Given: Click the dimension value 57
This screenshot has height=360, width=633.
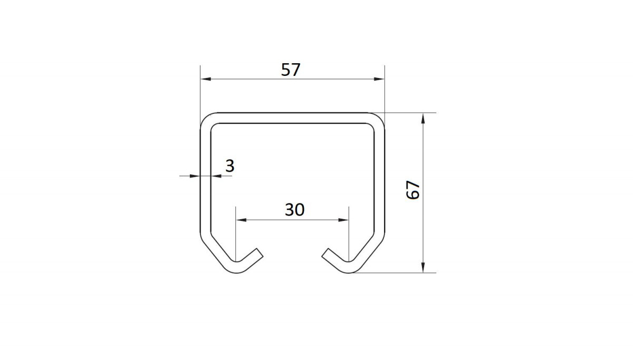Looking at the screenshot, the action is click(291, 70).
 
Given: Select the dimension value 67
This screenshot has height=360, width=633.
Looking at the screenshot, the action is click(413, 190).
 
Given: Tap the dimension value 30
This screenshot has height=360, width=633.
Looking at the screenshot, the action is click(294, 210).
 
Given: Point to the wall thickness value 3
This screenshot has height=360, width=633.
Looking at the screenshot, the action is click(230, 166).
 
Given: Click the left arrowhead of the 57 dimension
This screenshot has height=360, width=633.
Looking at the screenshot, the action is click(206, 79).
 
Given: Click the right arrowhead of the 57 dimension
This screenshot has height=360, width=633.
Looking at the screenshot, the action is click(379, 79).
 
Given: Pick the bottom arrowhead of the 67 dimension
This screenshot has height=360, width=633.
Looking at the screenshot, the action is click(423, 267).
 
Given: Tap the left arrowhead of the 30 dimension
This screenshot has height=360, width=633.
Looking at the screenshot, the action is click(241, 220).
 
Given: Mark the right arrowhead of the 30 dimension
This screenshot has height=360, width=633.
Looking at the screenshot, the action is click(343, 220).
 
